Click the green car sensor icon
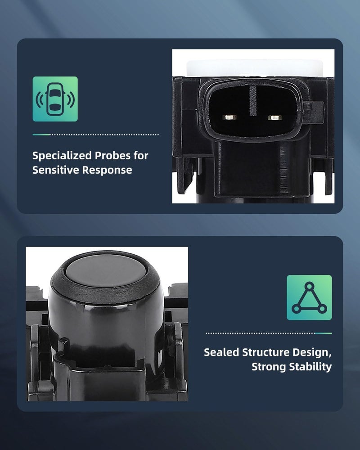[55, 99]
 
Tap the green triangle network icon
[309, 297]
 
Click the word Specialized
[62, 156]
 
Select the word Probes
[112, 156]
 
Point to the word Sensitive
[56, 170]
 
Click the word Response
[107, 170]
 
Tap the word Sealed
[221, 352]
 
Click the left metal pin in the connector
[229, 117]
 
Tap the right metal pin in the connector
[275, 117]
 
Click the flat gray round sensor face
[105, 270]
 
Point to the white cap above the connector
[254, 68]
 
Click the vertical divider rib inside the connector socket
[253, 100]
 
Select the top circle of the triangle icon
[309, 286]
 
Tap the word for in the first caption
[141, 156]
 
